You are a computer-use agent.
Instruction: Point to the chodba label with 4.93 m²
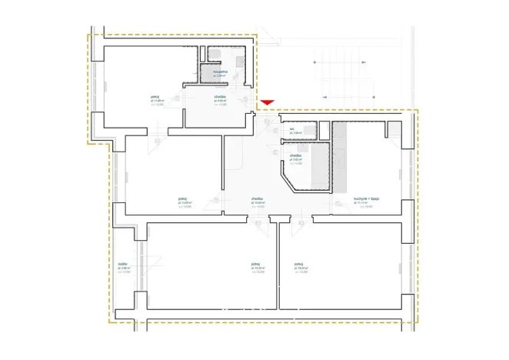[x=220, y=98]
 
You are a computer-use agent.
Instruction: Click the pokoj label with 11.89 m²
[x=158, y=98]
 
